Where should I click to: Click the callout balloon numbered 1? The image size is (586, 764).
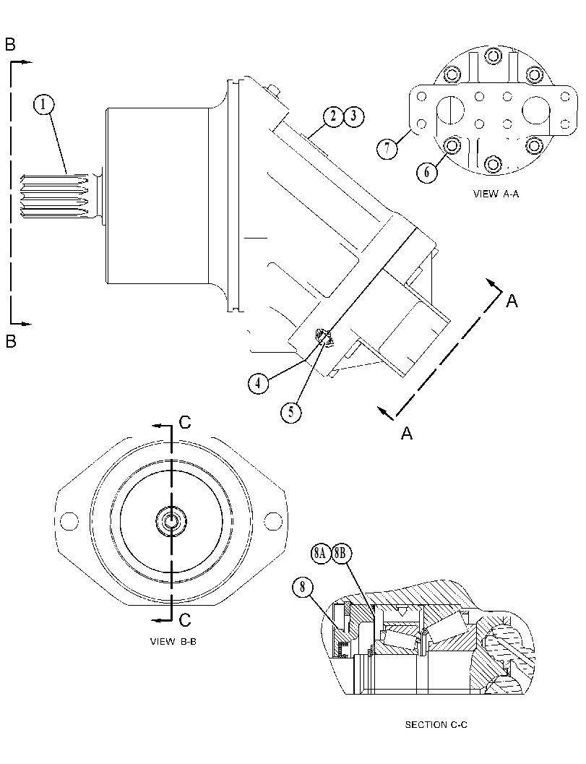click(44, 104)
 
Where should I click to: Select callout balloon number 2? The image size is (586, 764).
click(334, 116)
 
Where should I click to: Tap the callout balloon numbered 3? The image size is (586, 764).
click(353, 116)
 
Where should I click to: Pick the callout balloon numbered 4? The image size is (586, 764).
click(258, 383)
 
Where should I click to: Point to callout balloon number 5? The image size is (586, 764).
click(290, 412)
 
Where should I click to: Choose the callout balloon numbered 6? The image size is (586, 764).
click(427, 173)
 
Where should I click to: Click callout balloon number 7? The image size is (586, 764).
click(387, 148)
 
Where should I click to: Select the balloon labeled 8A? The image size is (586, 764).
click(319, 554)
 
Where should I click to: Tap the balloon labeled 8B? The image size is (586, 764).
click(340, 554)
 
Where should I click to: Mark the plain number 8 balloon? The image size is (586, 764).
click(303, 587)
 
